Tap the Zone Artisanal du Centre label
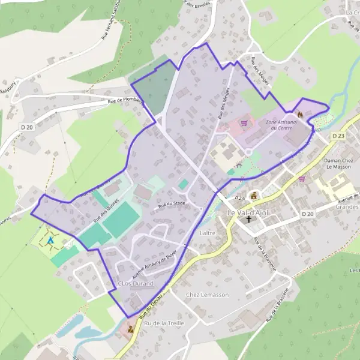(x=278, y=125)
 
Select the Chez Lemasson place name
(x=208, y=295)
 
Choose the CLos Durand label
(x=136, y=283)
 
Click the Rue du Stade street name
(x=171, y=205)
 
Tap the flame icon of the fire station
(x=299, y=113)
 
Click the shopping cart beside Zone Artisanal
(x=244, y=124)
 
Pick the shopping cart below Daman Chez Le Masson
(x=302, y=179)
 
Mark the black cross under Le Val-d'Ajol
(x=249, y=220)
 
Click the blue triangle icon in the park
(x=50, y=240)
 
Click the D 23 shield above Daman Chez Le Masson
(x=340, y=136)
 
